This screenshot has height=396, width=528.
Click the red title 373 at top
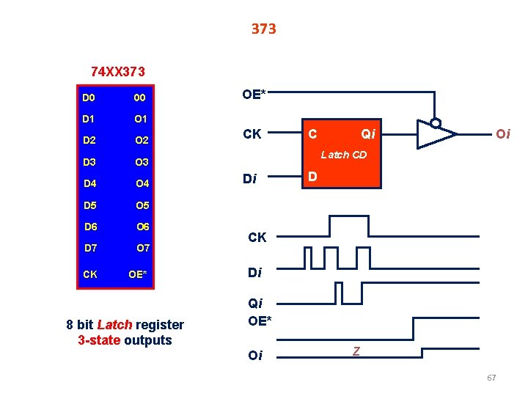(x=263, y=29)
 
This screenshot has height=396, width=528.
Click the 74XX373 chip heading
(x=117, y=72)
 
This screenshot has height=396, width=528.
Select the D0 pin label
(x=89, y=98)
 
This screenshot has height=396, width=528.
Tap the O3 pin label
(x=142, y=162)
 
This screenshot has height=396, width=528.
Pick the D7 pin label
(x=91, y=248)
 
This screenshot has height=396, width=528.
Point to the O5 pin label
(x=143, y=205)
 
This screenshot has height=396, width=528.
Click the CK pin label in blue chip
(x=91, y=274)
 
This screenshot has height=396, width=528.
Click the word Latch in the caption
(x=114, y=325)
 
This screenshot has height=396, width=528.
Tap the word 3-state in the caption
(x=99, y=340)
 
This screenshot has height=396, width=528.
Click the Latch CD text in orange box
(x=344, y=155)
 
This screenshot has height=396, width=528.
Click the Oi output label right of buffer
(x=503, y=133)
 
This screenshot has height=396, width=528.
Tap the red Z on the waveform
(x=356, y=352)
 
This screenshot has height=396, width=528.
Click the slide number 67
(x=491, y=378)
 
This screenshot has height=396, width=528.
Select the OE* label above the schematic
(x=254, y=94)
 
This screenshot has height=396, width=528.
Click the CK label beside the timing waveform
(x=257, y=237)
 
